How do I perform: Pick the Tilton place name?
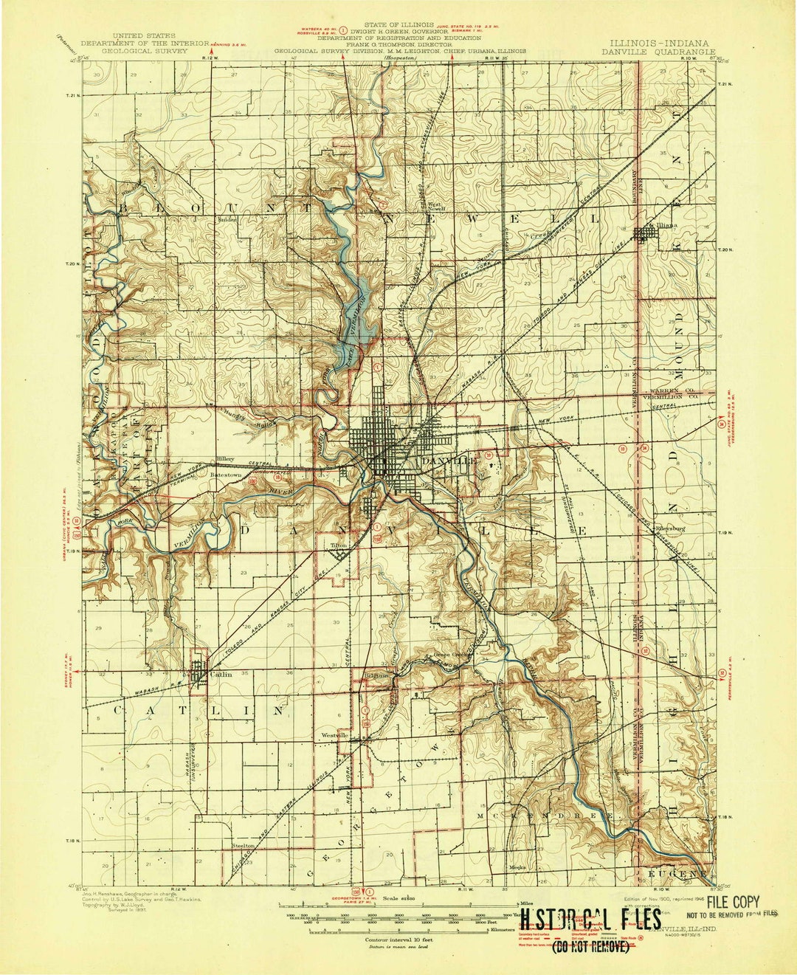(x=339, y=545)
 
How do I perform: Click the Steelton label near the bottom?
(x=244, y=846)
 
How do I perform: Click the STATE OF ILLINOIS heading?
(x=400, y=25)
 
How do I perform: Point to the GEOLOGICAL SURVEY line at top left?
(x=145, y=52)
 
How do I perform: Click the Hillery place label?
(x=225, y=458)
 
